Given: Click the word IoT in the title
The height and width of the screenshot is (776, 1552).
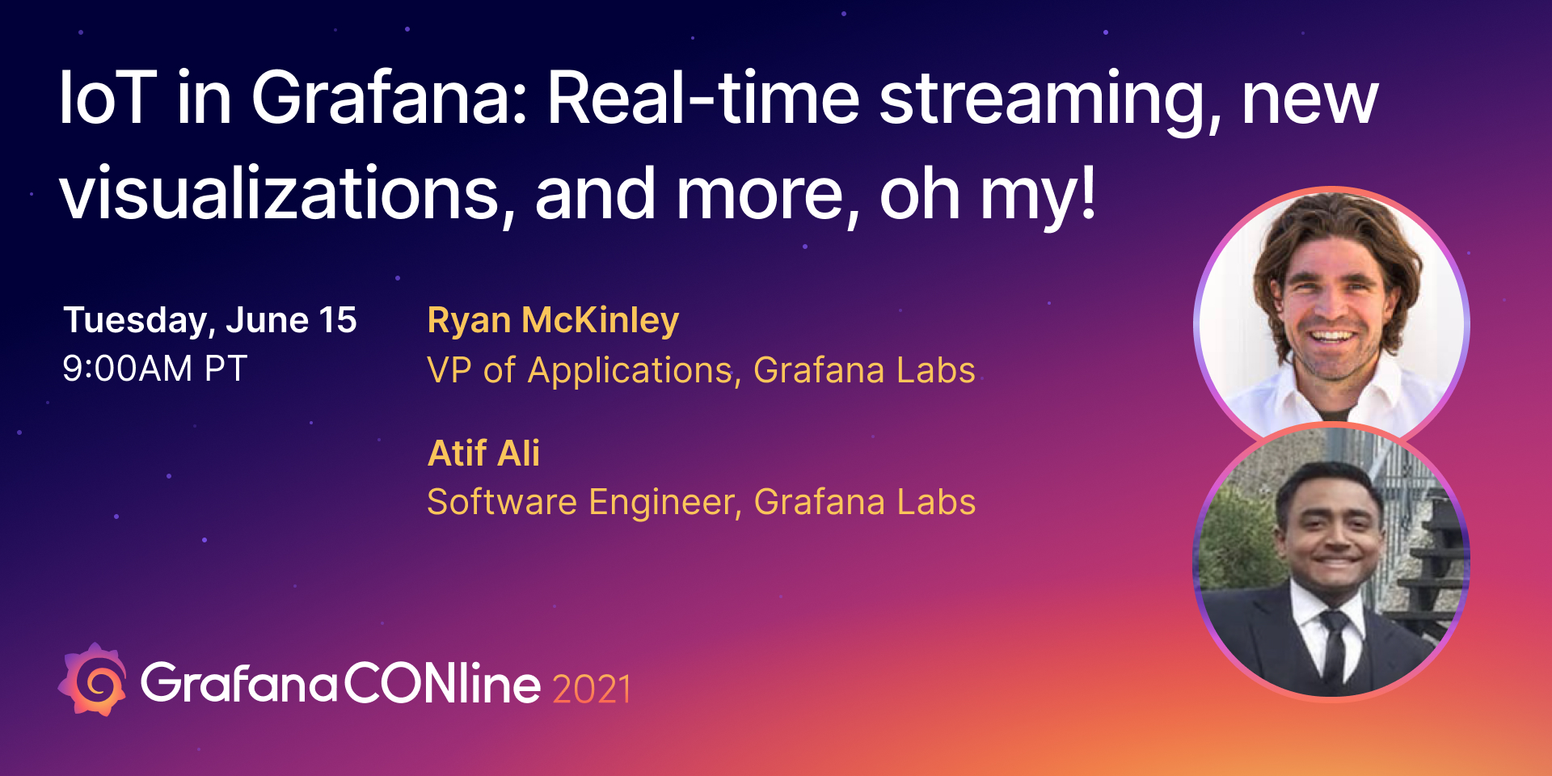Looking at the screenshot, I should [107, 99].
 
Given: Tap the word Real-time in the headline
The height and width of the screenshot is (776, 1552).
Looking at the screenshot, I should [703, 99].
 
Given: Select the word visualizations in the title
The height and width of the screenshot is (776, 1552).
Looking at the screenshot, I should [280, 194].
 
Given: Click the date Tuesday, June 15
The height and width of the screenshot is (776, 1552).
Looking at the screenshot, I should [210, 321].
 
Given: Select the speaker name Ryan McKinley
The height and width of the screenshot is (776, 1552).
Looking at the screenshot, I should [553, 321].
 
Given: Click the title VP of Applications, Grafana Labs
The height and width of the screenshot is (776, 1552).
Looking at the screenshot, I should [701, 371].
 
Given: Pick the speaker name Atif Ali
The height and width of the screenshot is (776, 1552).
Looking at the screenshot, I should [483, 453].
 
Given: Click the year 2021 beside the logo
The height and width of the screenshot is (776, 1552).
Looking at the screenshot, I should [592, 689].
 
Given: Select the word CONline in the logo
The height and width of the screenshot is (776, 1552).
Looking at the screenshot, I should [442, 683].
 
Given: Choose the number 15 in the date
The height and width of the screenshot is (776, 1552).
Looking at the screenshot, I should [338, 321].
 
